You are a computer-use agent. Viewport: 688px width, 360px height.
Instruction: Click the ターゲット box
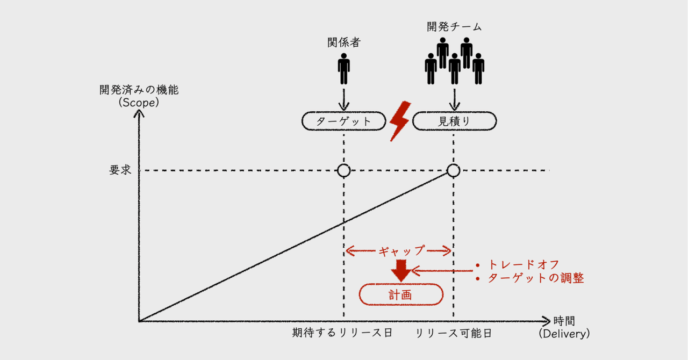(343, 121)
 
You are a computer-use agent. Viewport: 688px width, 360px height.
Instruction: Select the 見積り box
(454, 121)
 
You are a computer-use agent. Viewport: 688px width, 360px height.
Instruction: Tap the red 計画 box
(400, 294)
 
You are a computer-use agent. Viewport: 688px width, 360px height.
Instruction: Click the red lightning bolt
(399, 121)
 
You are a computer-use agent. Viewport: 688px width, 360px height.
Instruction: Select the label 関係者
(343, 42)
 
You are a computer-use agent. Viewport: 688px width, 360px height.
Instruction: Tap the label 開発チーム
(455, 26)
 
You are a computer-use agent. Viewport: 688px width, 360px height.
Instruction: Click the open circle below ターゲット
(343, 171)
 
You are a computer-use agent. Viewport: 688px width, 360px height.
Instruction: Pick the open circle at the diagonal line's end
(454, 171)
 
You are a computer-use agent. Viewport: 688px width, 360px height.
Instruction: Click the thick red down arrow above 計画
(400, 270)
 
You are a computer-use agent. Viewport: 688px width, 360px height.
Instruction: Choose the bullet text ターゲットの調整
(535, 278)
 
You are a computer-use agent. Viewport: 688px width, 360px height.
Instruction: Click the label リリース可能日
(454, 333)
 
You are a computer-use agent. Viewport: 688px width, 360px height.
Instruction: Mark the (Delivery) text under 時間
(564, 334)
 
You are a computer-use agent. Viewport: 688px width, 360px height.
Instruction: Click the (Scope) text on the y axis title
(139, 102)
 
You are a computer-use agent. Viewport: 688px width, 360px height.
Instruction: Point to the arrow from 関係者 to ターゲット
(343, 99)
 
